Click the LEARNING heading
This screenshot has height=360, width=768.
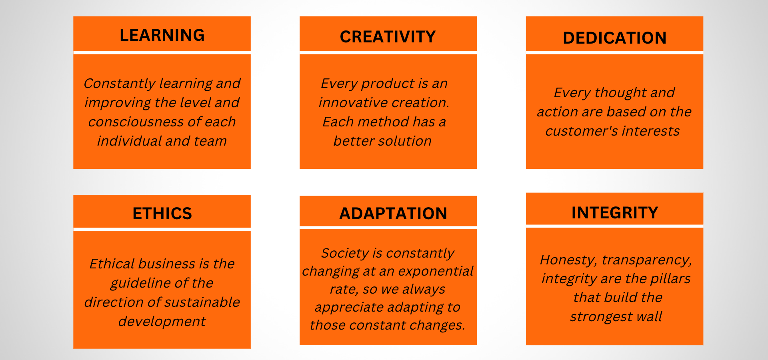pos(162,35)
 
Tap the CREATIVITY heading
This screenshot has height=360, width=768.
pos(388,37)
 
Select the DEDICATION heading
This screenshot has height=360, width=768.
pos(614,38)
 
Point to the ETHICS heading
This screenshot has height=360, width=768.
pos(162,214)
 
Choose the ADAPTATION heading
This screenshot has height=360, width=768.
pos(393,214)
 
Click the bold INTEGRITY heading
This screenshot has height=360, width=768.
pos(614,213)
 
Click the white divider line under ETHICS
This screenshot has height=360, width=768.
pos(162,229)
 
